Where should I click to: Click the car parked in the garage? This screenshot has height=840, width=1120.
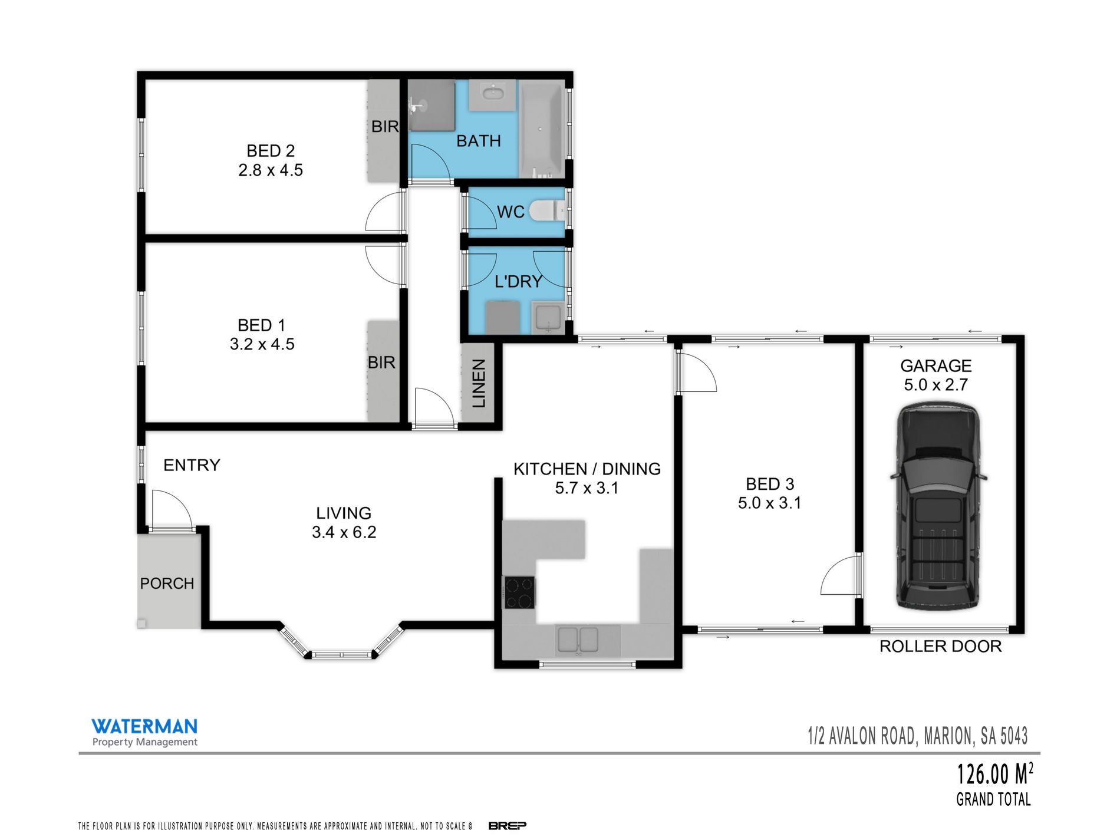click(938, 506)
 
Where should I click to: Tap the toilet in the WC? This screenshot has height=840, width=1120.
click(546, 210)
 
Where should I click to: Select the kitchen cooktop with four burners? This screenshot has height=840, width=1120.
click(519, 592)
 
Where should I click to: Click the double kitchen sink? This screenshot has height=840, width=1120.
click(578, 640)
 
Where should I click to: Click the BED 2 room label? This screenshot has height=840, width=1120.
click(271, 151)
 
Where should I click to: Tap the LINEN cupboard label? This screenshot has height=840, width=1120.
click(479, 383)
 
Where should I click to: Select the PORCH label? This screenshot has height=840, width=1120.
click(167, 583)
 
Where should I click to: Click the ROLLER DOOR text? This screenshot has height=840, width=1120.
click(940, 646)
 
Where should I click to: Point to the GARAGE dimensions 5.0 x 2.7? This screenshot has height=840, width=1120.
click(936, 384)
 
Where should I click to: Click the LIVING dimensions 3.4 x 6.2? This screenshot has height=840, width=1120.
click(344, 532)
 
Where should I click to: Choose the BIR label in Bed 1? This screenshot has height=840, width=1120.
click(381, 362)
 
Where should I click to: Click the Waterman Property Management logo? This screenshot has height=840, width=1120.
click(144, 732)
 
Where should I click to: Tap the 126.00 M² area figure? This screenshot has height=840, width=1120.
click(994, 774)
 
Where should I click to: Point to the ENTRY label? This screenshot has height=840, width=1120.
click(192, 465)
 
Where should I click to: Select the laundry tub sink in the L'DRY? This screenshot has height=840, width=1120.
click(548, 317)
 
